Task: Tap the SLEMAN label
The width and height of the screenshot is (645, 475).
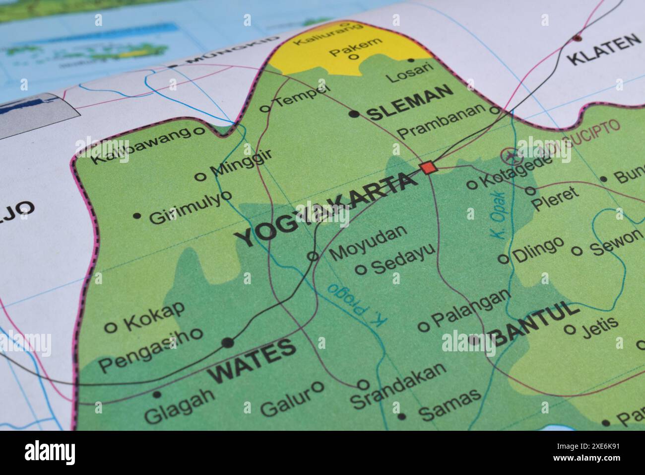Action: (410, 103)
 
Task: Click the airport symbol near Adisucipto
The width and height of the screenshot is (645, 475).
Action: (509, 157)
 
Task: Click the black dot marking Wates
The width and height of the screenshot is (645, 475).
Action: (228, 342)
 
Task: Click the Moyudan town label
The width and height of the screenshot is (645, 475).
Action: (368, 242)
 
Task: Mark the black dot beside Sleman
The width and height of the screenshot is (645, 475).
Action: (354, 114)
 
